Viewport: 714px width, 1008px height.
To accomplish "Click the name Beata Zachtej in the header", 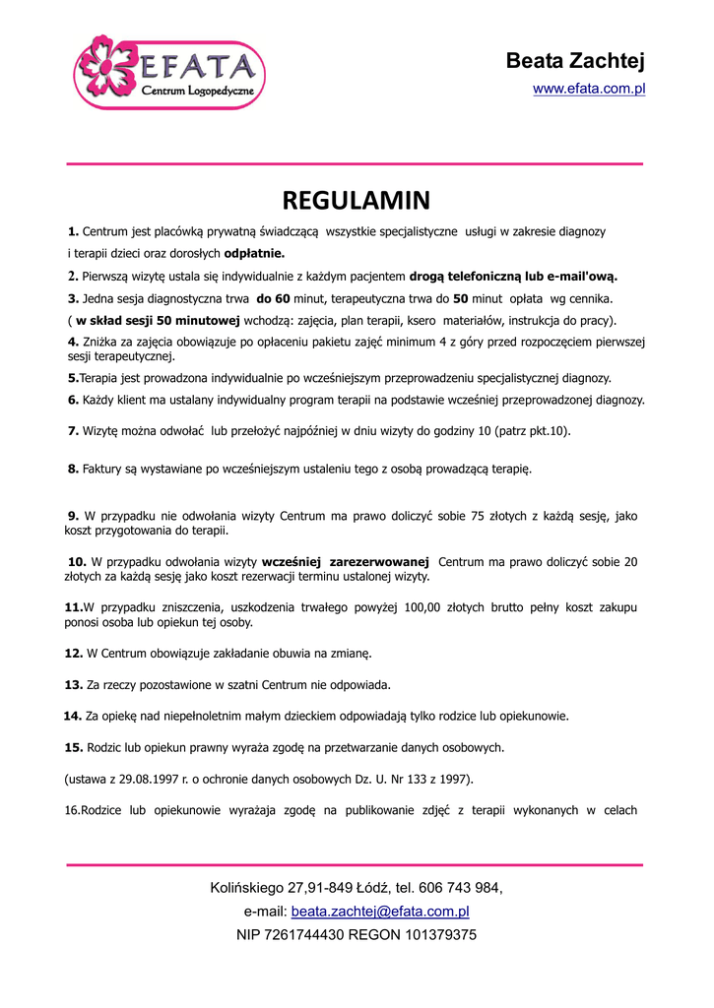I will click(x=575, y=62).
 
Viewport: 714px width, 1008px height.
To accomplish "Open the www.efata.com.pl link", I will click(x=589, y=90).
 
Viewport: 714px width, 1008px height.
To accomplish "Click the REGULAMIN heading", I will click(x=357, y=201).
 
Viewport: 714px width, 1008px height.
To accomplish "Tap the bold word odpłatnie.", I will click(x=254, y=253).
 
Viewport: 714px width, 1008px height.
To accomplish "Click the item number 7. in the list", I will click(x=73, y=431).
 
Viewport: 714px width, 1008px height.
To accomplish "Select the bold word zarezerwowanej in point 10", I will click(x=380, y=562).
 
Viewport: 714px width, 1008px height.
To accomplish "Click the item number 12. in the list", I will click(x=74, y=653).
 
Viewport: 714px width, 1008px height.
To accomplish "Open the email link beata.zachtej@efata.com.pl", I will click(x=380, y=912).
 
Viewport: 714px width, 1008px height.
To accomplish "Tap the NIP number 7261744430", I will click(x=303, y=934).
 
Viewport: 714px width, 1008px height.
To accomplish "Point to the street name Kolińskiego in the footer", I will click(x=247, y=888).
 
